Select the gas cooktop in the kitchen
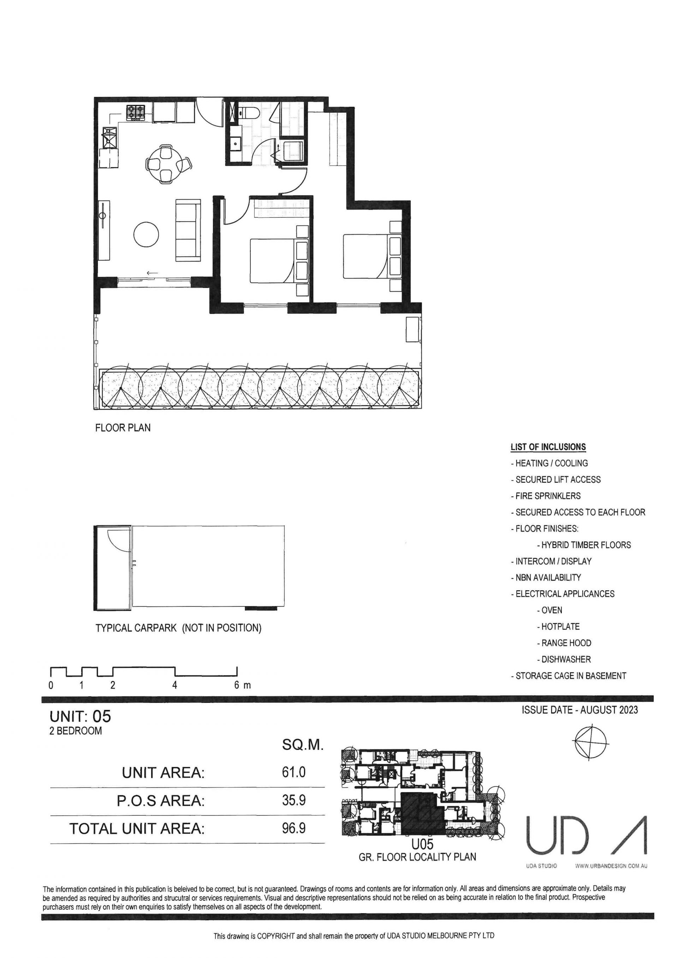point(136,112)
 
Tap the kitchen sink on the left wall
point(110,138)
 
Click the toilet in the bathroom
point(249,113)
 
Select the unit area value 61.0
point(294,772)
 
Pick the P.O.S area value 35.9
point(294,800)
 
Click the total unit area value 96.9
point(294,828)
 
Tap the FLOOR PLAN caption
point(123,428)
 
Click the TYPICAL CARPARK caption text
point(178,628)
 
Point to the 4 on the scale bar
point(174,685)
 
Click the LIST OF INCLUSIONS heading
point(548,447)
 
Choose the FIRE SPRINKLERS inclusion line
point(545,496)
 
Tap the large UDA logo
point(586,835)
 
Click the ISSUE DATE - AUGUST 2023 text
point(579,710)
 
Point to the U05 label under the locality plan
point(422,844)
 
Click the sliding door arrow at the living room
point(153,273)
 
